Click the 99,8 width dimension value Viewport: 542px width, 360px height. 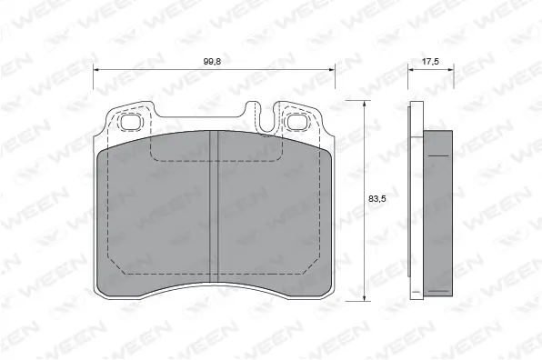(x=212, y=61)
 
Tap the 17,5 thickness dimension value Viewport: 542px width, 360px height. (x=430, y=61)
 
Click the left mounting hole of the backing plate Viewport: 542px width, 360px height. (x=126, y=120)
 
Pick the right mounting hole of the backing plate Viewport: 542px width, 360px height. (x=296, y=120)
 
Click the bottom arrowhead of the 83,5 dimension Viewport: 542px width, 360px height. (x=365, y=296)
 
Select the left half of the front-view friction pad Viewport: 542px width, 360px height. (x=155, y=218)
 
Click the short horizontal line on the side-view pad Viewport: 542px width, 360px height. (x=438, y=155)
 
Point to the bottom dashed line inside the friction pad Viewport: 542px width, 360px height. (x=212, y=273)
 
